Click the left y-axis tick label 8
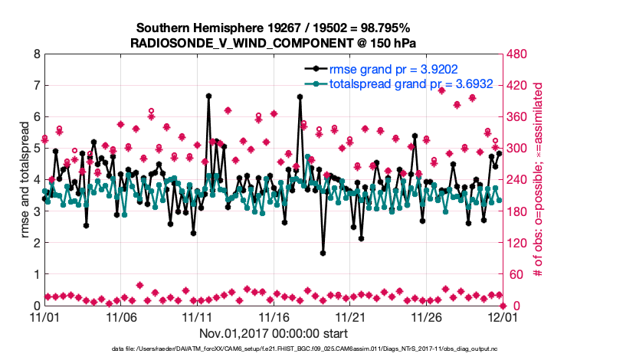35,54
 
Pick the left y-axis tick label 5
35,149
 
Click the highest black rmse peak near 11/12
208,96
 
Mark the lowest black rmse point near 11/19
323,253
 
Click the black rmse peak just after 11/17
300,97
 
